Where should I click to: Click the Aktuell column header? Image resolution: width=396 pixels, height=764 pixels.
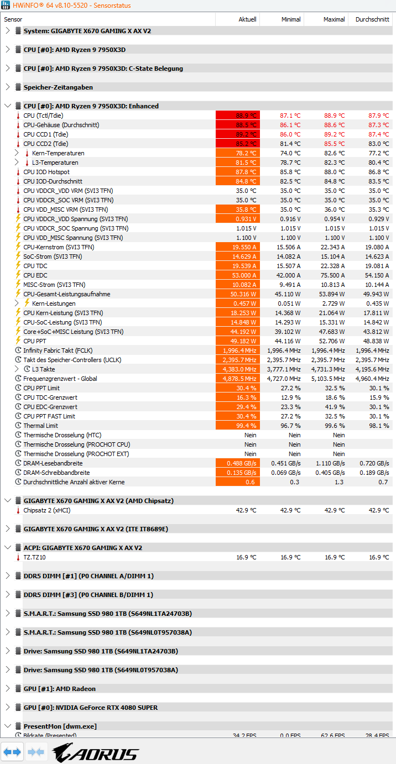(247, 19)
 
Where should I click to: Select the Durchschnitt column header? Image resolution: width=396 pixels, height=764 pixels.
(372, 19)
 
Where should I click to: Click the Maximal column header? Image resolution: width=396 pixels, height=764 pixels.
(334, 19)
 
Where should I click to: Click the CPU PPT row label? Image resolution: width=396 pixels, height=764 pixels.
(35, 341)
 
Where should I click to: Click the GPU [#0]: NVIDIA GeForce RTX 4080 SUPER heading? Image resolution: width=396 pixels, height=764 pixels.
(90, 708)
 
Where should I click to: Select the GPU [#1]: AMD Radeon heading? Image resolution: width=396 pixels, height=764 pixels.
(59, 689)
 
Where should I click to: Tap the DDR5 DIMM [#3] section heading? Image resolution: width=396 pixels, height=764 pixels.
(88, 595)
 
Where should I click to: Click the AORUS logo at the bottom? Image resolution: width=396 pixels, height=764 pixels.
(95, 753)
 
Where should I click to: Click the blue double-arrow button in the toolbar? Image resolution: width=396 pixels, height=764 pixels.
(12, 752)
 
